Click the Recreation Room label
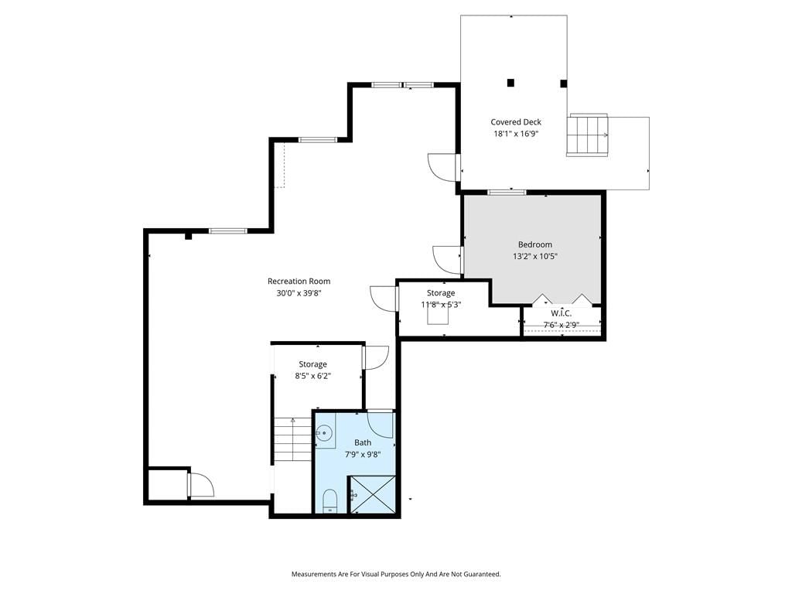tap(299, 282)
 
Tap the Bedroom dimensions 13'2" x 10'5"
tap(535, 256)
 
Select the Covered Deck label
tap(516, 121)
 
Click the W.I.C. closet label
tap(562, 313)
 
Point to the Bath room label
tap(363, 442)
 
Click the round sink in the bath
tap(324, 432)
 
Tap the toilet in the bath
tap(329, 500)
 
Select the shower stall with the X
tap(373, 494)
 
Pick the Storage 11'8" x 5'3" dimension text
tap(441, 305)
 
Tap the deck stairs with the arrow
tap(587, 135)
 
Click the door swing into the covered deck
tap(442, 167)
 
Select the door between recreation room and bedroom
tap(448, 260)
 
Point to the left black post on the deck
tap(510, 82)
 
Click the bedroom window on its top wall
tap(507, 192)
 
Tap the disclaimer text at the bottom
tap(396, 574)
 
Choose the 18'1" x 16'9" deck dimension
tap(516, 134)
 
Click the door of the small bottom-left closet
tap(200, 484)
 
